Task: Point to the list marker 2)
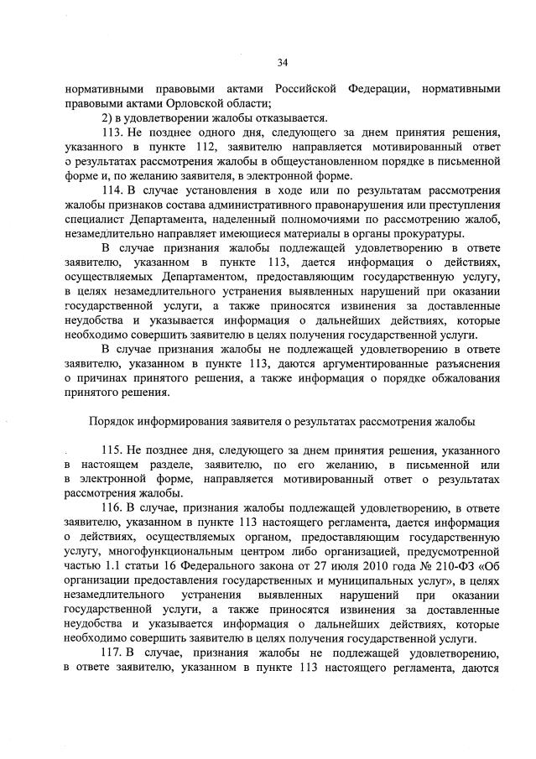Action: (107, 117)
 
